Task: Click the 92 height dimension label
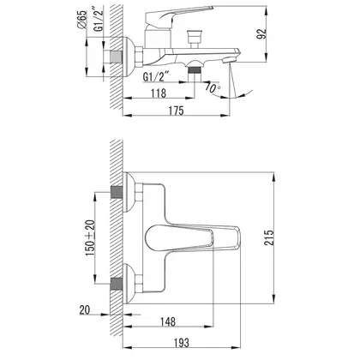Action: (x=261, y=33)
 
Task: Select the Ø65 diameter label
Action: (x=81, y=19)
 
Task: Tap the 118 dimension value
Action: (x=159, y=93)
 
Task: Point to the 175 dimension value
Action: (x=176, y=111)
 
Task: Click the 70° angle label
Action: (x=213, y=87)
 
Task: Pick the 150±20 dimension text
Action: (x=89, y=237)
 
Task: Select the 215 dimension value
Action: (x=268, y=237)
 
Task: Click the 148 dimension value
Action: (x=168, y=321)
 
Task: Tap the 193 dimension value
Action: (x=181, y=342)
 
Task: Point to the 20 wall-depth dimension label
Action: (x=85, y=310)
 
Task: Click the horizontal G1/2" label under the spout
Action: (x=156, y=77)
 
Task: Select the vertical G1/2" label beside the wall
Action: (x=98, y=21)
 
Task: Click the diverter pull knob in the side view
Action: (x=195, y=36)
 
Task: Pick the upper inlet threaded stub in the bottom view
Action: (x=117, y=192)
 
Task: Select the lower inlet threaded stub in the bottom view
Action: (x=117, y=284)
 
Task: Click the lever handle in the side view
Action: (x=174, y=15)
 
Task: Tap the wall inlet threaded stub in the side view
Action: (x=117, y=57)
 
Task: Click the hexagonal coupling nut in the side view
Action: (x=139, y=57)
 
